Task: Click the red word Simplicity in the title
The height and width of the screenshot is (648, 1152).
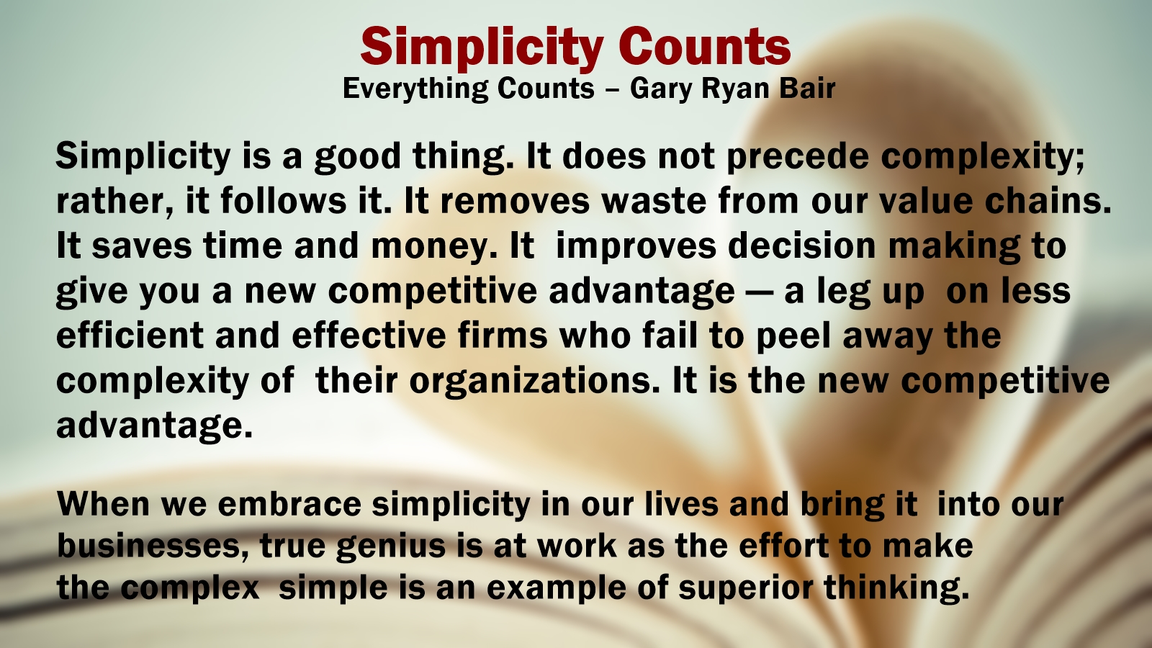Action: coord(482,48)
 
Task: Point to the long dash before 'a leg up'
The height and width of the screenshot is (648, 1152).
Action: coord(760,292)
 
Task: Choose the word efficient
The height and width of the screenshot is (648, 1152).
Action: coord(130,335)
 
